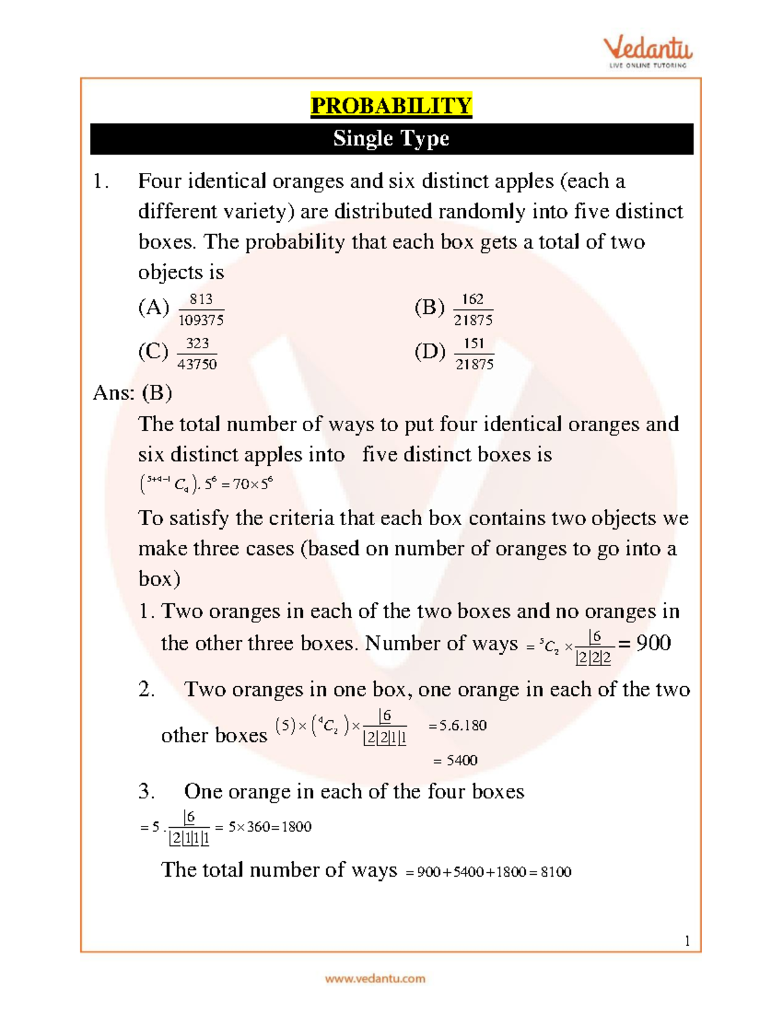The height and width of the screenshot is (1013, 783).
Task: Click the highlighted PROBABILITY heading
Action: pos(391,106)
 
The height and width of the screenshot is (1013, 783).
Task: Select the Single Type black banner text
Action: pos(391,138)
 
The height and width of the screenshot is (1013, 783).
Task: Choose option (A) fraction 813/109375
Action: pos(201,309)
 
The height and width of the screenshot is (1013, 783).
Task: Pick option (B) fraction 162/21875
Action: pos(473,309)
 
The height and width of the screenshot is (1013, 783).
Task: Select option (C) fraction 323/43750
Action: pos(197,354)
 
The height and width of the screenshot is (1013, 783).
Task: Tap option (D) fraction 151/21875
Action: pos(474,354)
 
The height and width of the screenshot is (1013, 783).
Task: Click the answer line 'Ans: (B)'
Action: pos(132,393)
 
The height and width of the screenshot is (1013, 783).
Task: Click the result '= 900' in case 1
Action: pos(645,643)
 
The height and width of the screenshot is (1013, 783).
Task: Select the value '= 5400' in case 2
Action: pos(455,761)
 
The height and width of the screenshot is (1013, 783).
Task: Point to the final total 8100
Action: pos(556,872)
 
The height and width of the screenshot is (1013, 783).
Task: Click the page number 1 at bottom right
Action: pos(687,941)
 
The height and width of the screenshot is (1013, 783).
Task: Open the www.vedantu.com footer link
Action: pos(375,978)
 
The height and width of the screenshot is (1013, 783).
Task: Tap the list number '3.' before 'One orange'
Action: pos(146,792)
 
